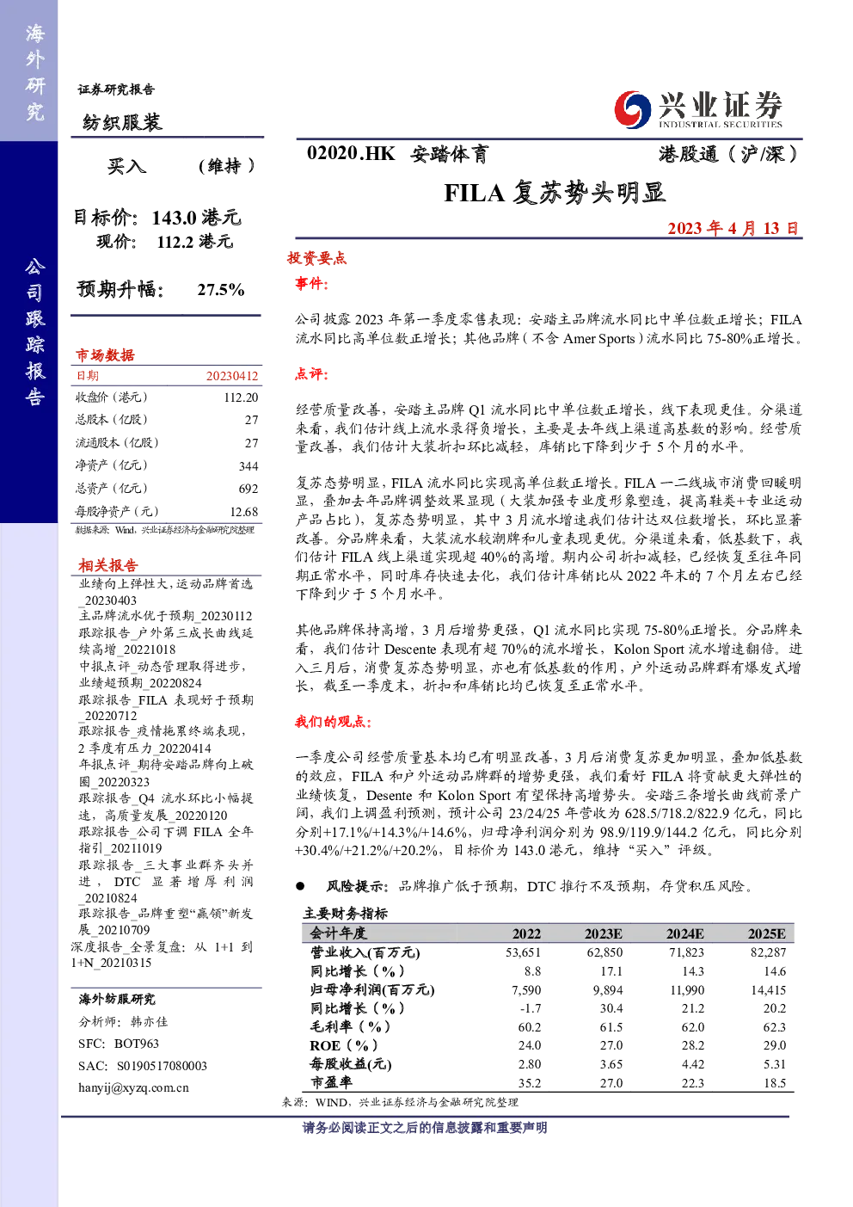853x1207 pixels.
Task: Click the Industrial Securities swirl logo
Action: tap(632, 109)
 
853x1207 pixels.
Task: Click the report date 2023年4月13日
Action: tap(733, 229)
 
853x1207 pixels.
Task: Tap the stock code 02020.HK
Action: tap(351, 154)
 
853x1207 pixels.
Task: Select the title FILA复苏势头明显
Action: tap(555, 193)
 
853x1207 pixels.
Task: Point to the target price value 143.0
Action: tap(175, 218)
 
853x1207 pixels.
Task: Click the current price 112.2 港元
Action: tap(194, 242)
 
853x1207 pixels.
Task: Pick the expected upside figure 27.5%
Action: tap(221, 290)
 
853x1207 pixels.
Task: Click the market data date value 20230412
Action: tap(232, 376)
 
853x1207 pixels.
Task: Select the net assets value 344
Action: tap(249, 466)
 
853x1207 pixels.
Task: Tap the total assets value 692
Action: tap(249, 489)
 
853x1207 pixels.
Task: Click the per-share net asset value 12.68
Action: tap(244, 512)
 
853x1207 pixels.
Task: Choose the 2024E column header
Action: tap(684, 933)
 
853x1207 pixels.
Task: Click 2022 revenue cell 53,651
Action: tap(522, 952)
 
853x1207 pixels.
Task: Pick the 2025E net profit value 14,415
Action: tap(769, 990)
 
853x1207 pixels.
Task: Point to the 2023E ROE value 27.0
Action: tap(611, 1045)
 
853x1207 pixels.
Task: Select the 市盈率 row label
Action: tap(331, 1082)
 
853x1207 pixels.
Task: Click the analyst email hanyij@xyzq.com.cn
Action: tap(133, 1087)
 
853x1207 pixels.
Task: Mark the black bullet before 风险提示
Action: tap(300, 886)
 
